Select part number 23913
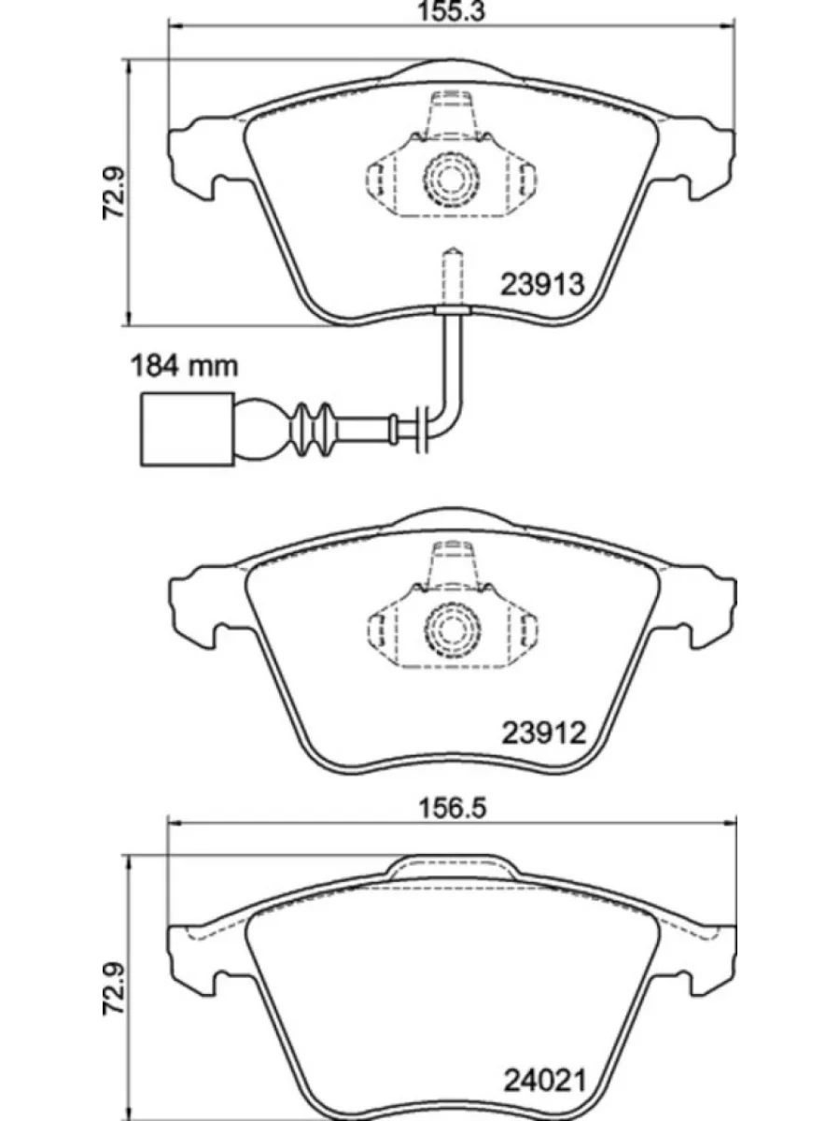tap(542, 284)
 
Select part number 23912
tap(542, 733)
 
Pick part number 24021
tap(542, 1083)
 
